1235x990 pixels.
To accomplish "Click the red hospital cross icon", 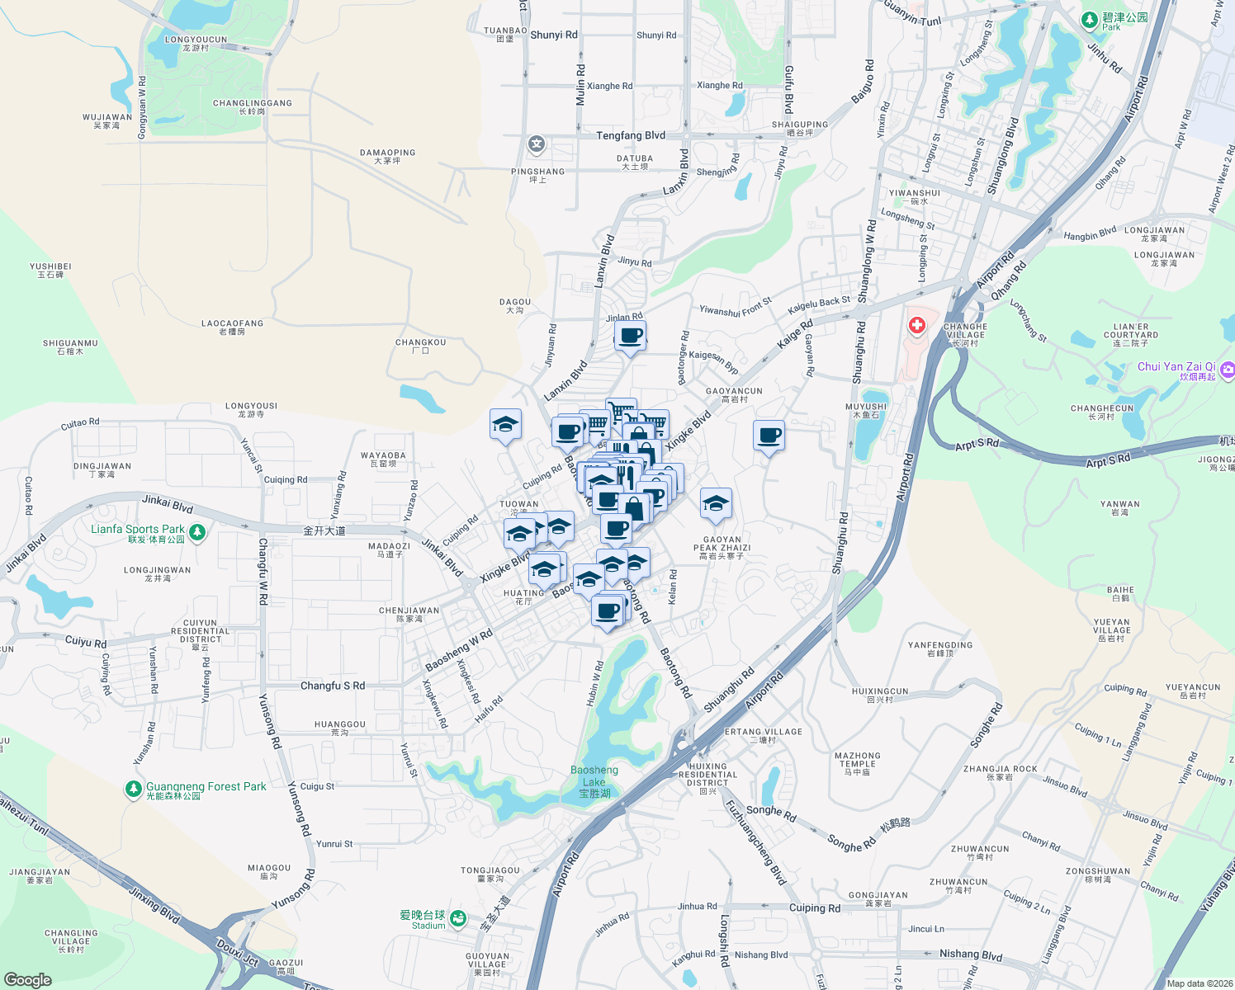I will pos(916,326).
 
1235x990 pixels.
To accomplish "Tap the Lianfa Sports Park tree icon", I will pos(196,533).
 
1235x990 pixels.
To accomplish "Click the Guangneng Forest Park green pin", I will pos(133,790).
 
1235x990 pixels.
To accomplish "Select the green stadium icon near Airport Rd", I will pos(458,918).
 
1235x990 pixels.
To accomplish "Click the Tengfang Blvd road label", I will pos(631,135).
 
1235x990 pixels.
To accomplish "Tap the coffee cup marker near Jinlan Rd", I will pos(631,337).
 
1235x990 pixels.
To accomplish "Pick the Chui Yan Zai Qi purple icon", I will pos(1228,370).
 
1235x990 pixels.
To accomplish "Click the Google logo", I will pos(28,979).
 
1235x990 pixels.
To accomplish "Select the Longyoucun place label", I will pos(196,43).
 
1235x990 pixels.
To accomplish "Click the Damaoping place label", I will pos(387,156).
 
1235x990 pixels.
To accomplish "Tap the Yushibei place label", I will pos(50,270).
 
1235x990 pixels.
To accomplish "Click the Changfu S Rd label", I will pos(333,686).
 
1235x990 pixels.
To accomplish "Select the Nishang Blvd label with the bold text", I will pos(971,955).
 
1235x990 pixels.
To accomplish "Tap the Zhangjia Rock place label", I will pos(1000,772).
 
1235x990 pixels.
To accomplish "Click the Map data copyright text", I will pos(1196,983).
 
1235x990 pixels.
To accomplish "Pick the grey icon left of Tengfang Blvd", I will pos(537,145).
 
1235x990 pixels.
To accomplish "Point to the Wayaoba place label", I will pos(383,459).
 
